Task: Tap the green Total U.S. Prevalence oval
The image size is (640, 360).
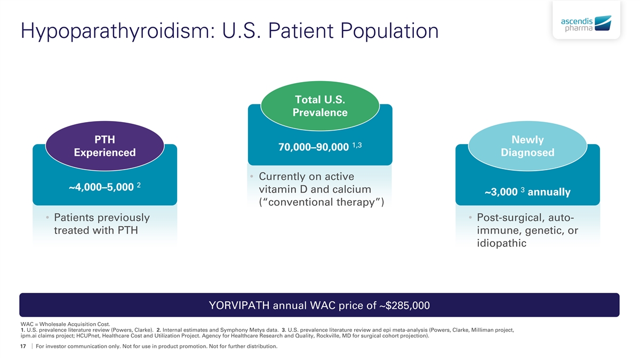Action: (x=320, y=106)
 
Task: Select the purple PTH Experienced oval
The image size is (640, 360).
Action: (x=105, y=146)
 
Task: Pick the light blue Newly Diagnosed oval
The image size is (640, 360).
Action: (x=527, y=146)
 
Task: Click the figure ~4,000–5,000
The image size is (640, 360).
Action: (x=101, y=187)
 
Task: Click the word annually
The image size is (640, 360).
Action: (x=549, y=192)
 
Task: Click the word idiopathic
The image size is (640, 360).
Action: (x=502, y=243)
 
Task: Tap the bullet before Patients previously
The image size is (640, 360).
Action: (x=48, y=218)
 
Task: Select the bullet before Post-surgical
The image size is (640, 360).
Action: (x=470, y=218)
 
